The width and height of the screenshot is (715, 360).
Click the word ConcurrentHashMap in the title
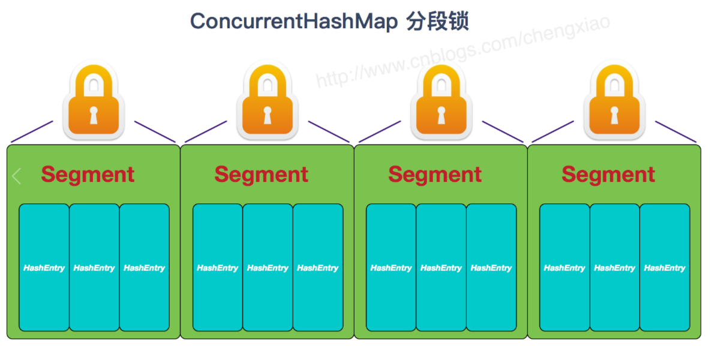[294, 22]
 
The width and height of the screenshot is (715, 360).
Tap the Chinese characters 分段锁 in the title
[437, 22]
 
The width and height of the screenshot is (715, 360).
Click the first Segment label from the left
[88, 175]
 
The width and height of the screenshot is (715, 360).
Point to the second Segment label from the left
[261, 175]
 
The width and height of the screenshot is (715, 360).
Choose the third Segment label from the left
[435, 175]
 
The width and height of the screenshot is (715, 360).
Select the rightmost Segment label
[608, 175]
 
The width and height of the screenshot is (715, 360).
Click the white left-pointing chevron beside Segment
[17, 176]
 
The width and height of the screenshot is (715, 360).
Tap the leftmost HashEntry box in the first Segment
[44, 268]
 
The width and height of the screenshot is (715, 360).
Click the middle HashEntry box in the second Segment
[268, 268]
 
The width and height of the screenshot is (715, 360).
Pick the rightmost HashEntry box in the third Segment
[491, 268]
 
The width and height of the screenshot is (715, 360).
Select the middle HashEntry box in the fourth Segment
[614, 268]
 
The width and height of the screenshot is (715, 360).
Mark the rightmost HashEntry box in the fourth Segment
[665, 268]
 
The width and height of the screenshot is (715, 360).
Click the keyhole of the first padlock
[94, 114]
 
